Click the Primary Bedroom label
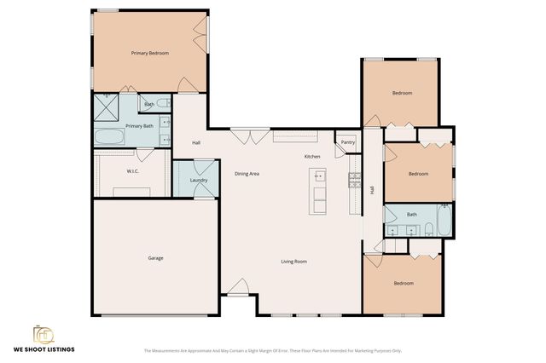(x=149, y=53)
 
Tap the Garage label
(x=155, y=258)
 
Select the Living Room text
(x=293, y=262)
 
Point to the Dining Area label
(x=247, y=174)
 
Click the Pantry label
(x=347, y=142)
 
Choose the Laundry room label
(x=199, y=180)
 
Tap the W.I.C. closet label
(x=133, y=170)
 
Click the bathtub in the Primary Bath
(x=109, y=137)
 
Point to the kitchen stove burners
(x=354, y=180)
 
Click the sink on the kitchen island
(x=320, y=177)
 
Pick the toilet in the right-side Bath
(x=444, y=207)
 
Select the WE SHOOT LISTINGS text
(x=44, y=349)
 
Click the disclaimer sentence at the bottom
(x=272, y=350)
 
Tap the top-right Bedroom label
(x=402, y=93)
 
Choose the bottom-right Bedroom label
(x=403, y=283)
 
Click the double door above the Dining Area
(x=241, y=135)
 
